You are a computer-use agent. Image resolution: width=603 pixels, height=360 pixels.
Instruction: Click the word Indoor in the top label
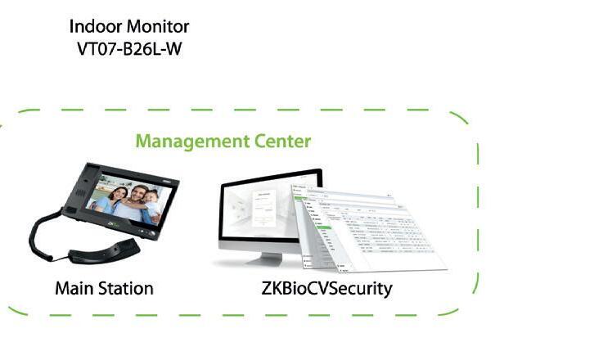(x=92, y=28)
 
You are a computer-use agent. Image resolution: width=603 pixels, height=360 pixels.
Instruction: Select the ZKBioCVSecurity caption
(x=327, y=288)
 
